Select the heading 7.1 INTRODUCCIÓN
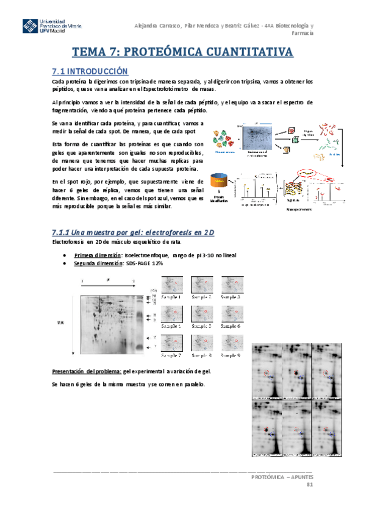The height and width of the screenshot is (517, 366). (90, 71)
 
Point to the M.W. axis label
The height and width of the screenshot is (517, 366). (60, 322)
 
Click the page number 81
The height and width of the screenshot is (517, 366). (309, 484)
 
